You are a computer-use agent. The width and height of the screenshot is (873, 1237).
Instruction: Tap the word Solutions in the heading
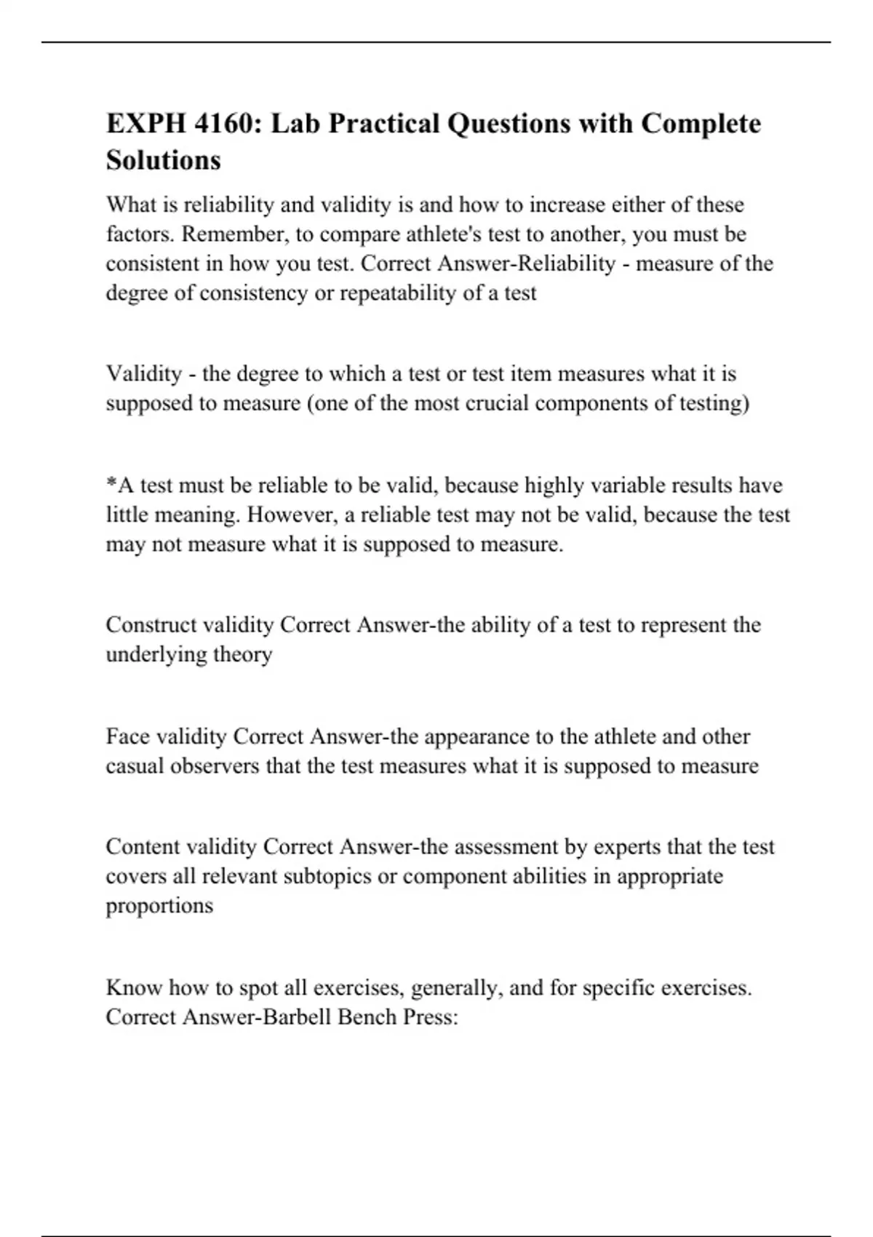[x=163, y=160]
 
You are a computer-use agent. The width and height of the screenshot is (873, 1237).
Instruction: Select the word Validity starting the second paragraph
[x=143, y=374]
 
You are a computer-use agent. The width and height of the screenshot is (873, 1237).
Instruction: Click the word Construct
[x=151, y=625]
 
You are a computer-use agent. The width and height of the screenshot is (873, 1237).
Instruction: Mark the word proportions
[x=159, y=906]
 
